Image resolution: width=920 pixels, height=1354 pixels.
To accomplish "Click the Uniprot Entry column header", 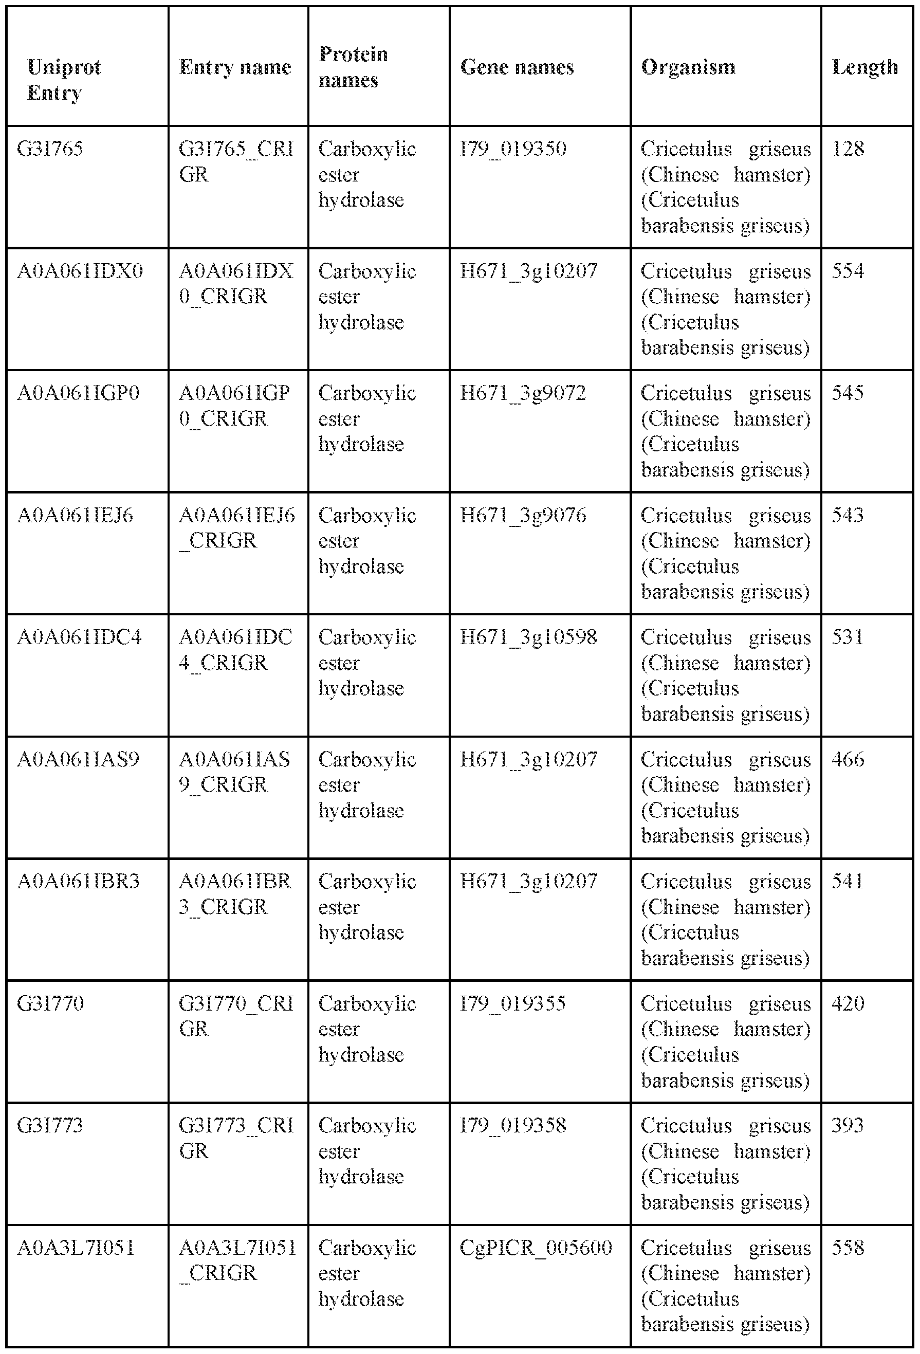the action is pyautogui.click(x=64, y=80).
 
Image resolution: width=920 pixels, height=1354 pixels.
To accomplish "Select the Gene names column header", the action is pyautogui.click(x=517, y=67).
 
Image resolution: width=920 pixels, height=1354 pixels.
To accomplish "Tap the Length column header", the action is pyautogui.click(x=864, y=67).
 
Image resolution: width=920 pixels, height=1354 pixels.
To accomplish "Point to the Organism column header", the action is pyautogui.click(x=688, y=67).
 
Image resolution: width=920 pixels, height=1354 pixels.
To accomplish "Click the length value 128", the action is pyautogui.click(x=849, y=149).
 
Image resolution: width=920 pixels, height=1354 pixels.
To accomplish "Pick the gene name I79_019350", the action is pyautogui.click(x=513, y=149).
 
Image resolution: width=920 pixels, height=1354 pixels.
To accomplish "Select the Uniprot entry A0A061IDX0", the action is pyautogui.click(x=80, y=271).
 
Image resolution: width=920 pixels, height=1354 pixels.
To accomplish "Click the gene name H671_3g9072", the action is pyautogui.click(x=522, y=393).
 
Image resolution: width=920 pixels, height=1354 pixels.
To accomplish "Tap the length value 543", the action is pyautogui.click(x=848, y=516).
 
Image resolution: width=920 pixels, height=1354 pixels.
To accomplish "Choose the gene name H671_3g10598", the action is pyautogui.click(x=528, y=637).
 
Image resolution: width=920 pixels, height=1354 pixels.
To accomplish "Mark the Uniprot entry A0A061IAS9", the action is pyautogui.click(x=78, y=760).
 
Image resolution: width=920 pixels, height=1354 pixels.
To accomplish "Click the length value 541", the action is pyautogui.click(x=848, y=882).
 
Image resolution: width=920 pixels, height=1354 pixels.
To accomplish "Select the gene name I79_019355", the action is pyautogui.click(x=513, y=1004).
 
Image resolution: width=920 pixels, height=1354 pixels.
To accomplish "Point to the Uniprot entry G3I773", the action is pyautogui.click(x=50, y=1126).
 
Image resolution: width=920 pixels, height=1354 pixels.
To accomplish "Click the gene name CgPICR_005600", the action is pyautogui.click(x=536, y=1248).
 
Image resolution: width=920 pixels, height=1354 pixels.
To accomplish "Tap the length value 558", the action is pyautogui.click(x=848, y=1248).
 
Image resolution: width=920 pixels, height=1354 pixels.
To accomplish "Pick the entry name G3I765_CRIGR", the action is pyautogui.click(x=235, y=162).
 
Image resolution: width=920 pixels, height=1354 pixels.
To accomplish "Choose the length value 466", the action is pyautogui.click(x=848, y=760).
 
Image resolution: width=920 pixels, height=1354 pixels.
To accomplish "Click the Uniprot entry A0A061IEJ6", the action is pyautogui.click(x=75, y=516).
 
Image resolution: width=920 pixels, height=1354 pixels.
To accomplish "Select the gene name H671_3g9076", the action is pyautogui.click(x=523, y=516).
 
